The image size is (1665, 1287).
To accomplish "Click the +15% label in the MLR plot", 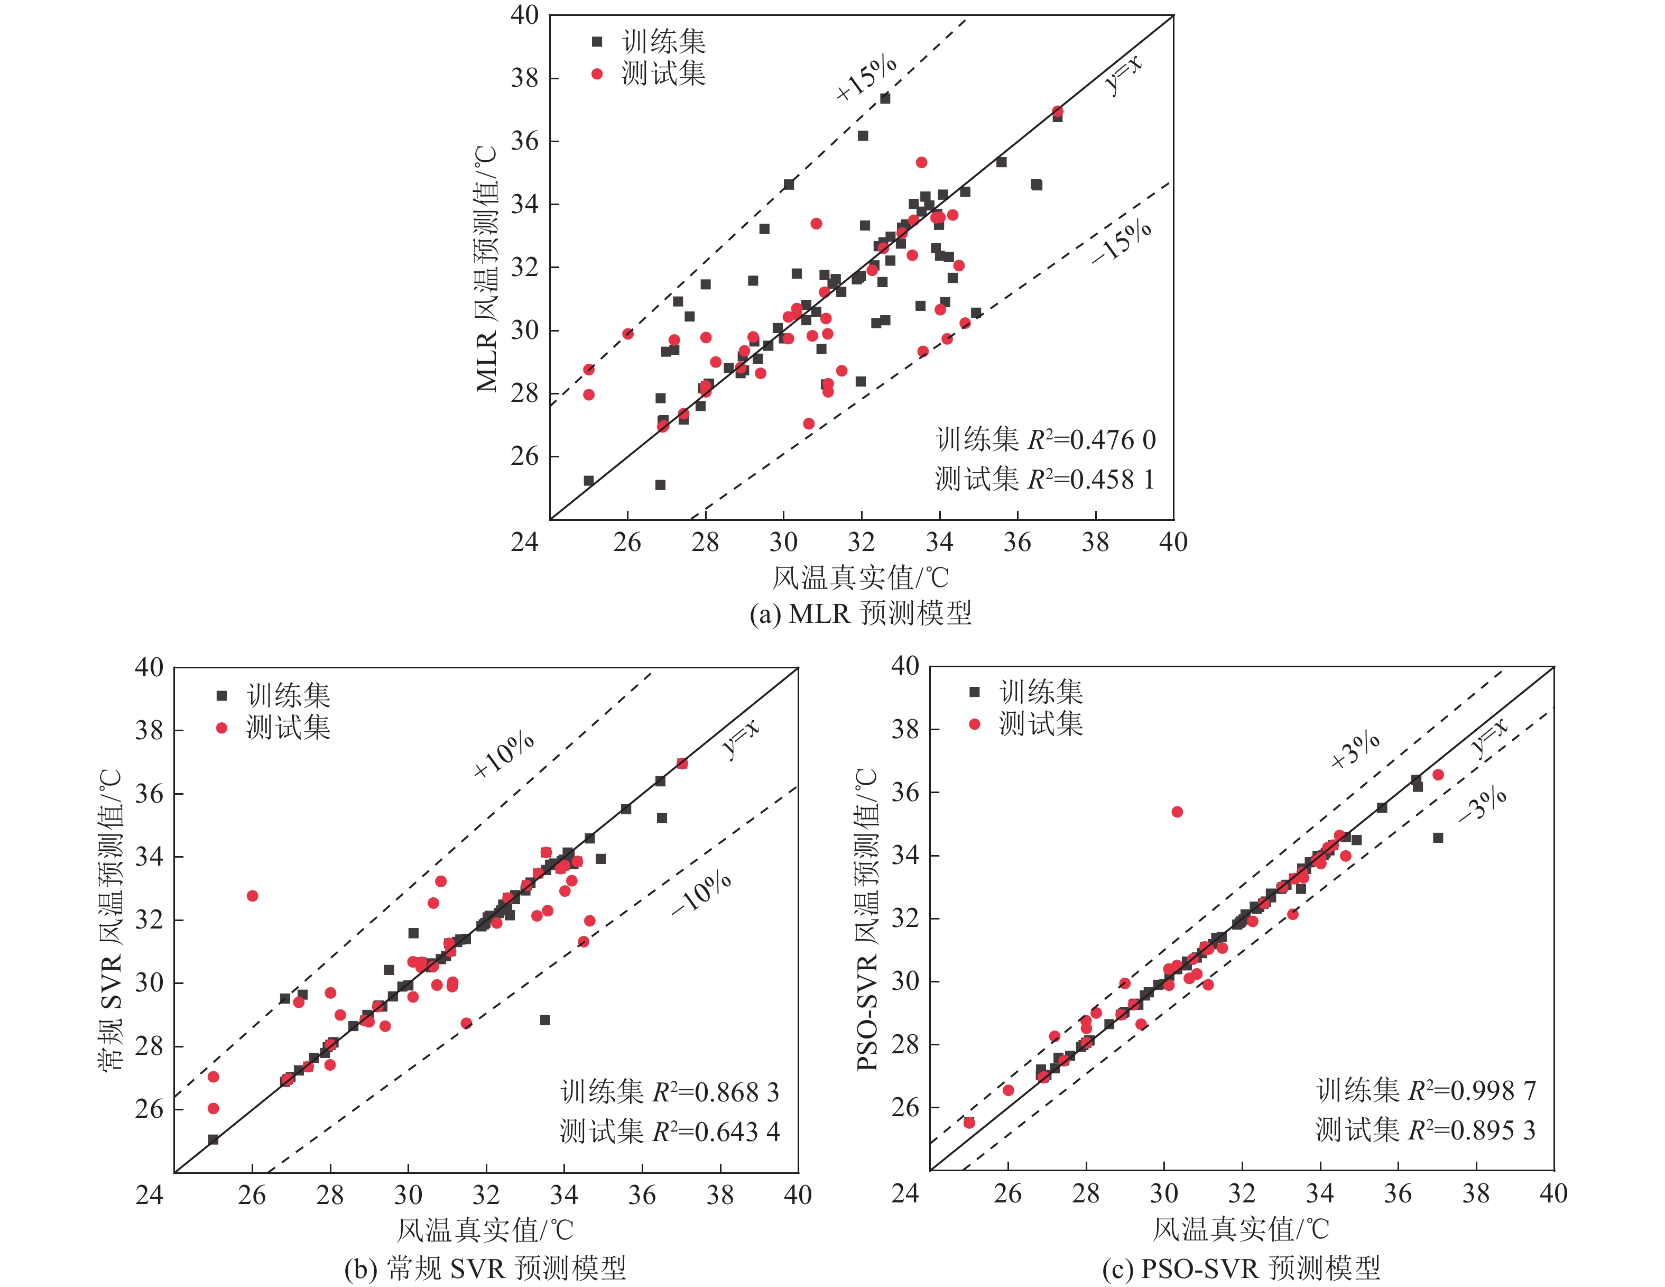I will tap(867, 78).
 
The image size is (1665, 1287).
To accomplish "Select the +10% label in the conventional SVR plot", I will tap(504, 755).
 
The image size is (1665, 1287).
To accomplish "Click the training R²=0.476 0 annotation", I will tap(1045, 440).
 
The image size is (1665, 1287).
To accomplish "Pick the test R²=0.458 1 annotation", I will tap(1045, 480).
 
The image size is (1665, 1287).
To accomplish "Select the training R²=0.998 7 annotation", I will tap(1426, 1090).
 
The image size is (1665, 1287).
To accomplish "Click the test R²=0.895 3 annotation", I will tap(1426, 1130).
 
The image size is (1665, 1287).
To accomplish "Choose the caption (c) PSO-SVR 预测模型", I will tap(1241, 1268).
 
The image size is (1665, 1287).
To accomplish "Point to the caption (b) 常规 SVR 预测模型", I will tap(485, 1268).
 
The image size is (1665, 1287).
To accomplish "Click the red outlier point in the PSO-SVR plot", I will tap(1177, 812).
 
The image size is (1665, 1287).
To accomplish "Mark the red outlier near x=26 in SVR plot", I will tap(252, 896).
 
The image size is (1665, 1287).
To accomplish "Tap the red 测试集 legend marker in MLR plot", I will tap(597, 74).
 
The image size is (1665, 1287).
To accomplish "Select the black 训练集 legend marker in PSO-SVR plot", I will tap(974, 692).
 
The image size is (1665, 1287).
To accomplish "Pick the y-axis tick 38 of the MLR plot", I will tap(524, 78).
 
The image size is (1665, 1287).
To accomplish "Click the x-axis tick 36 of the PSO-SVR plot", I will tap(1398, 1193).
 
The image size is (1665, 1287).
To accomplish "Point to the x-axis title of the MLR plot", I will tap(861, 578).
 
